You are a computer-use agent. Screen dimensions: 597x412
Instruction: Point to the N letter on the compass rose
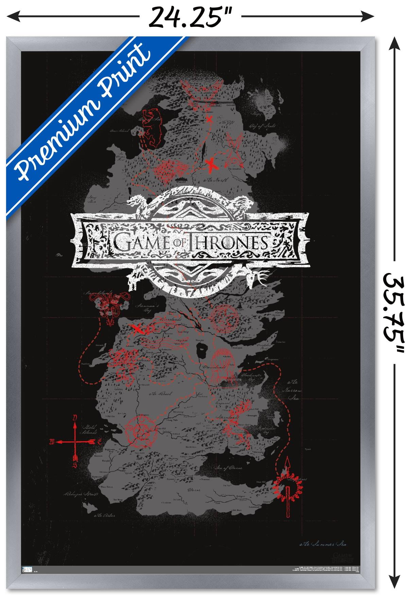[75, 417]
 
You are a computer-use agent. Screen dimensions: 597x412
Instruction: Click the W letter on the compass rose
[52, 442]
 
